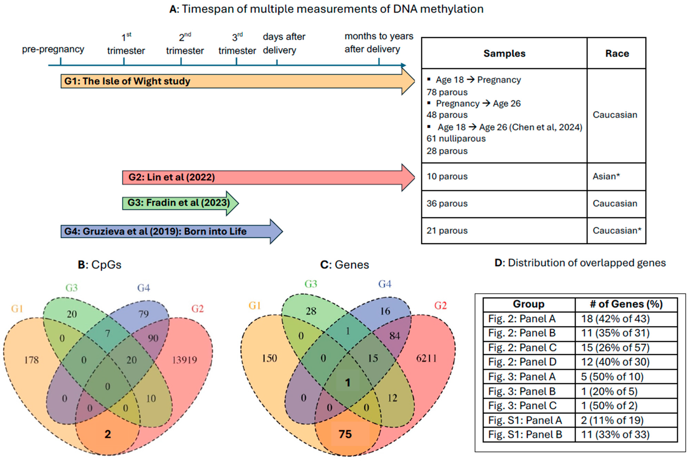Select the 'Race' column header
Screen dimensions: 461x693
617,54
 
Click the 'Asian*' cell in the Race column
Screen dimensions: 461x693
606,176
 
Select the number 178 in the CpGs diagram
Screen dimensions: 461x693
31,360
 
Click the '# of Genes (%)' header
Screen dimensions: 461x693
626,304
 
